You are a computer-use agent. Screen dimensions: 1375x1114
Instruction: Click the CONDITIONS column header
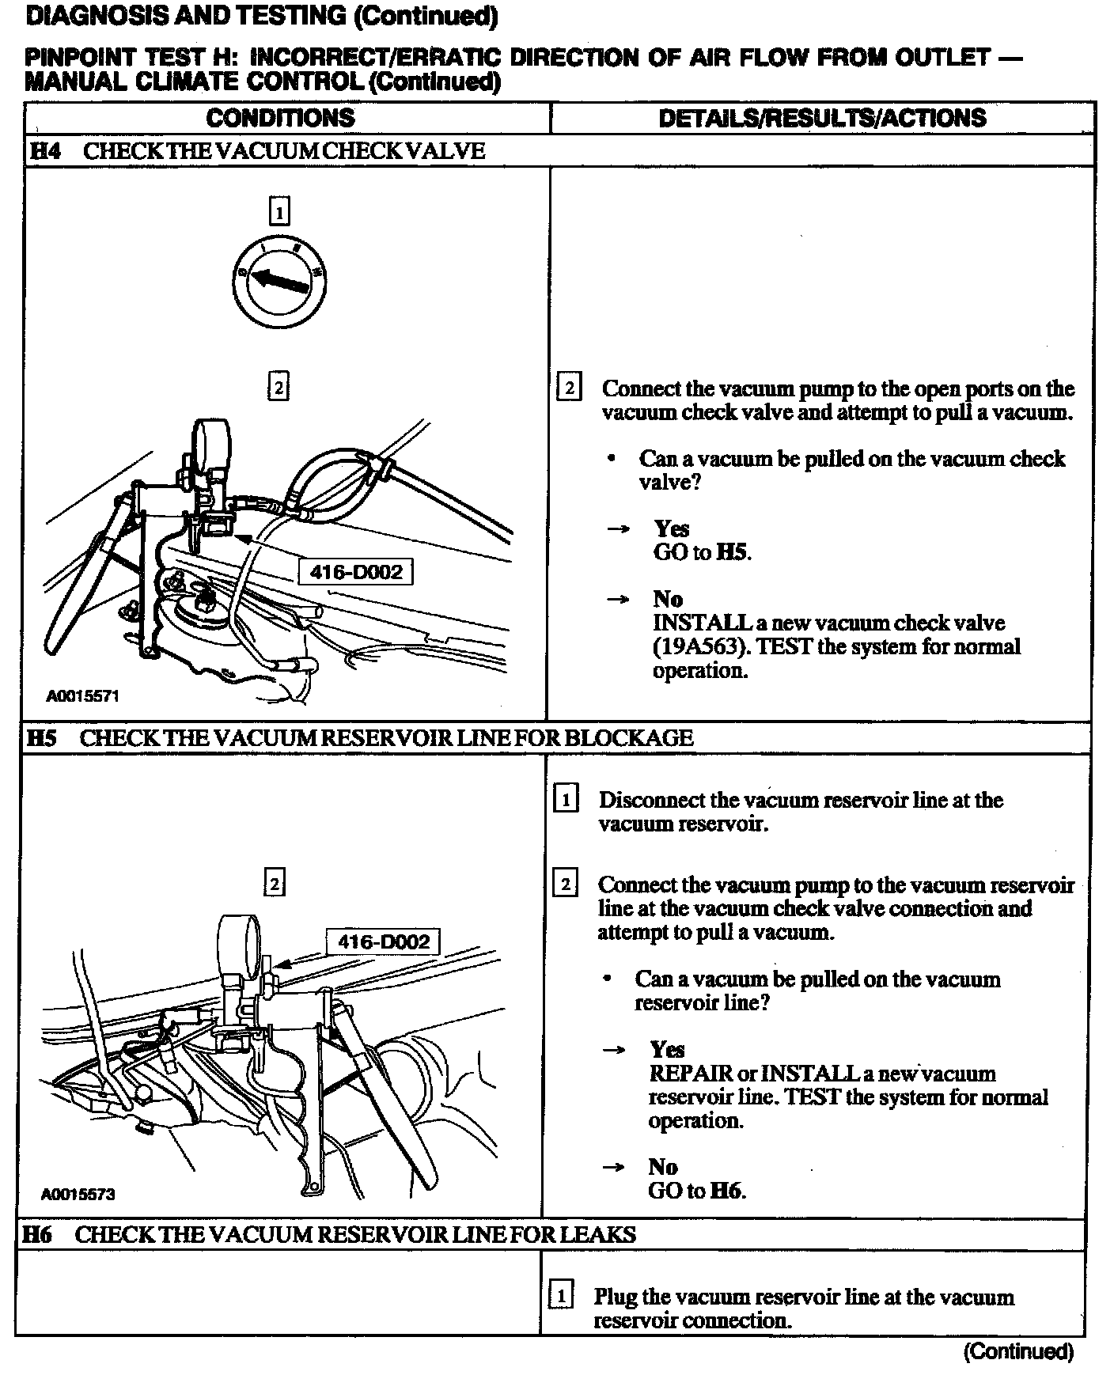click(280, 118)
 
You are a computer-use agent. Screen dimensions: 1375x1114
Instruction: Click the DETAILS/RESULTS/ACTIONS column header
click(822, 118)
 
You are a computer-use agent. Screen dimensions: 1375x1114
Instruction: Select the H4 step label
click(44, 151)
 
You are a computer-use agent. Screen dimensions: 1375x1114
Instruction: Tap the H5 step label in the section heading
click(41, 738)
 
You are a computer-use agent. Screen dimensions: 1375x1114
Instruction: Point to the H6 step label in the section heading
click(37, 1234)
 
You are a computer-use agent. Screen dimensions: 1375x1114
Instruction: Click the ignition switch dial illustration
click(280, 282)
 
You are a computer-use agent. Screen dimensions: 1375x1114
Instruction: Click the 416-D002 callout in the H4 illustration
click(356, 571)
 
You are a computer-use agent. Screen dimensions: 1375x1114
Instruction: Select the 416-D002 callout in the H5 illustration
click(383, 941)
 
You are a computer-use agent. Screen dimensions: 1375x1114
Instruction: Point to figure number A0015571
click(82, 696)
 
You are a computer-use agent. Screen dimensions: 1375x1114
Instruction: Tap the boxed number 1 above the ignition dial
click(279, 212)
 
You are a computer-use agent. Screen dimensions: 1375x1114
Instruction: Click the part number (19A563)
click(699, 646)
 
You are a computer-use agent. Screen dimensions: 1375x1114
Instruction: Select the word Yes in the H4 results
click(671, 528)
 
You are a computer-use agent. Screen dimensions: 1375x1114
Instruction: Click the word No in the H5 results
click(663, 1167)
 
